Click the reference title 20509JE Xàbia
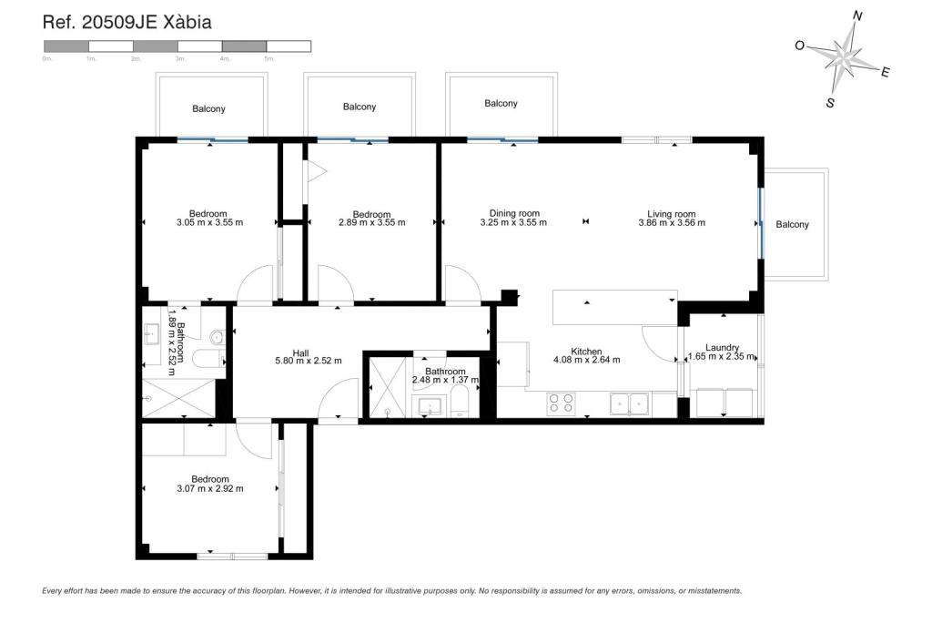[127, 23]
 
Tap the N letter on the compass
[856, 15]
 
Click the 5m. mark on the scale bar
[268, 58]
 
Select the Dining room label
[514, 214]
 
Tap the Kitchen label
[586, 352]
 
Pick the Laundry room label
[722, 347]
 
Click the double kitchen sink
[630, 402]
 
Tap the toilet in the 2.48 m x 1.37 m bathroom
[461, 401]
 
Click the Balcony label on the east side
[792, 225]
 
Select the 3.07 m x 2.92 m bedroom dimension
[209, 489]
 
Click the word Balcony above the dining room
[501, 104]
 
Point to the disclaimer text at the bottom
[391, 590]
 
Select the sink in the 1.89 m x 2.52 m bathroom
[151, 336]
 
